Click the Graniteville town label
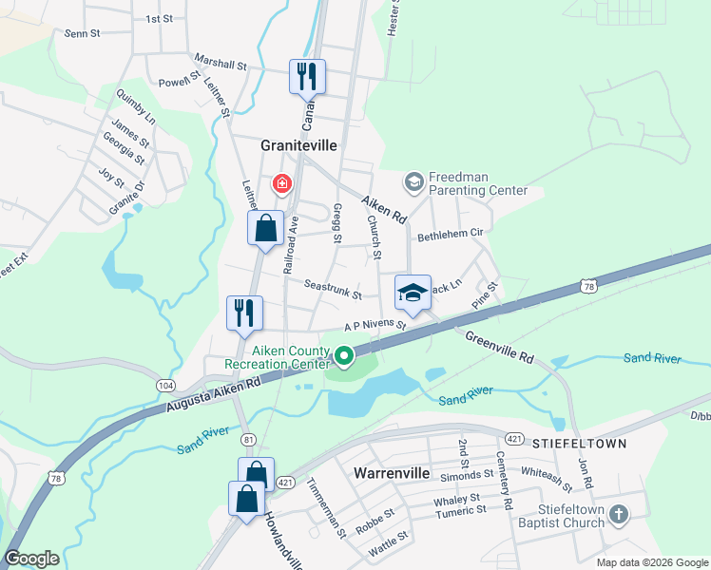[300, 146]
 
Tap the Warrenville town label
[393, 472]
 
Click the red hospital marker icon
[281, 182]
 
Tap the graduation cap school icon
[413, 293]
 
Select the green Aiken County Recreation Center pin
[343, 357]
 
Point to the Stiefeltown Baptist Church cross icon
[619, 516]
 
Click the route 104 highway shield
[166, 385]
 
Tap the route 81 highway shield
[249, 439]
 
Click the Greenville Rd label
[499, 345]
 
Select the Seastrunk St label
[333, 289]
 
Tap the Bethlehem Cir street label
[452, 233]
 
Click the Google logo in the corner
[32, 559]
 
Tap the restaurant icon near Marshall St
[307, 76]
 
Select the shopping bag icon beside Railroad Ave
[266, 228]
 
